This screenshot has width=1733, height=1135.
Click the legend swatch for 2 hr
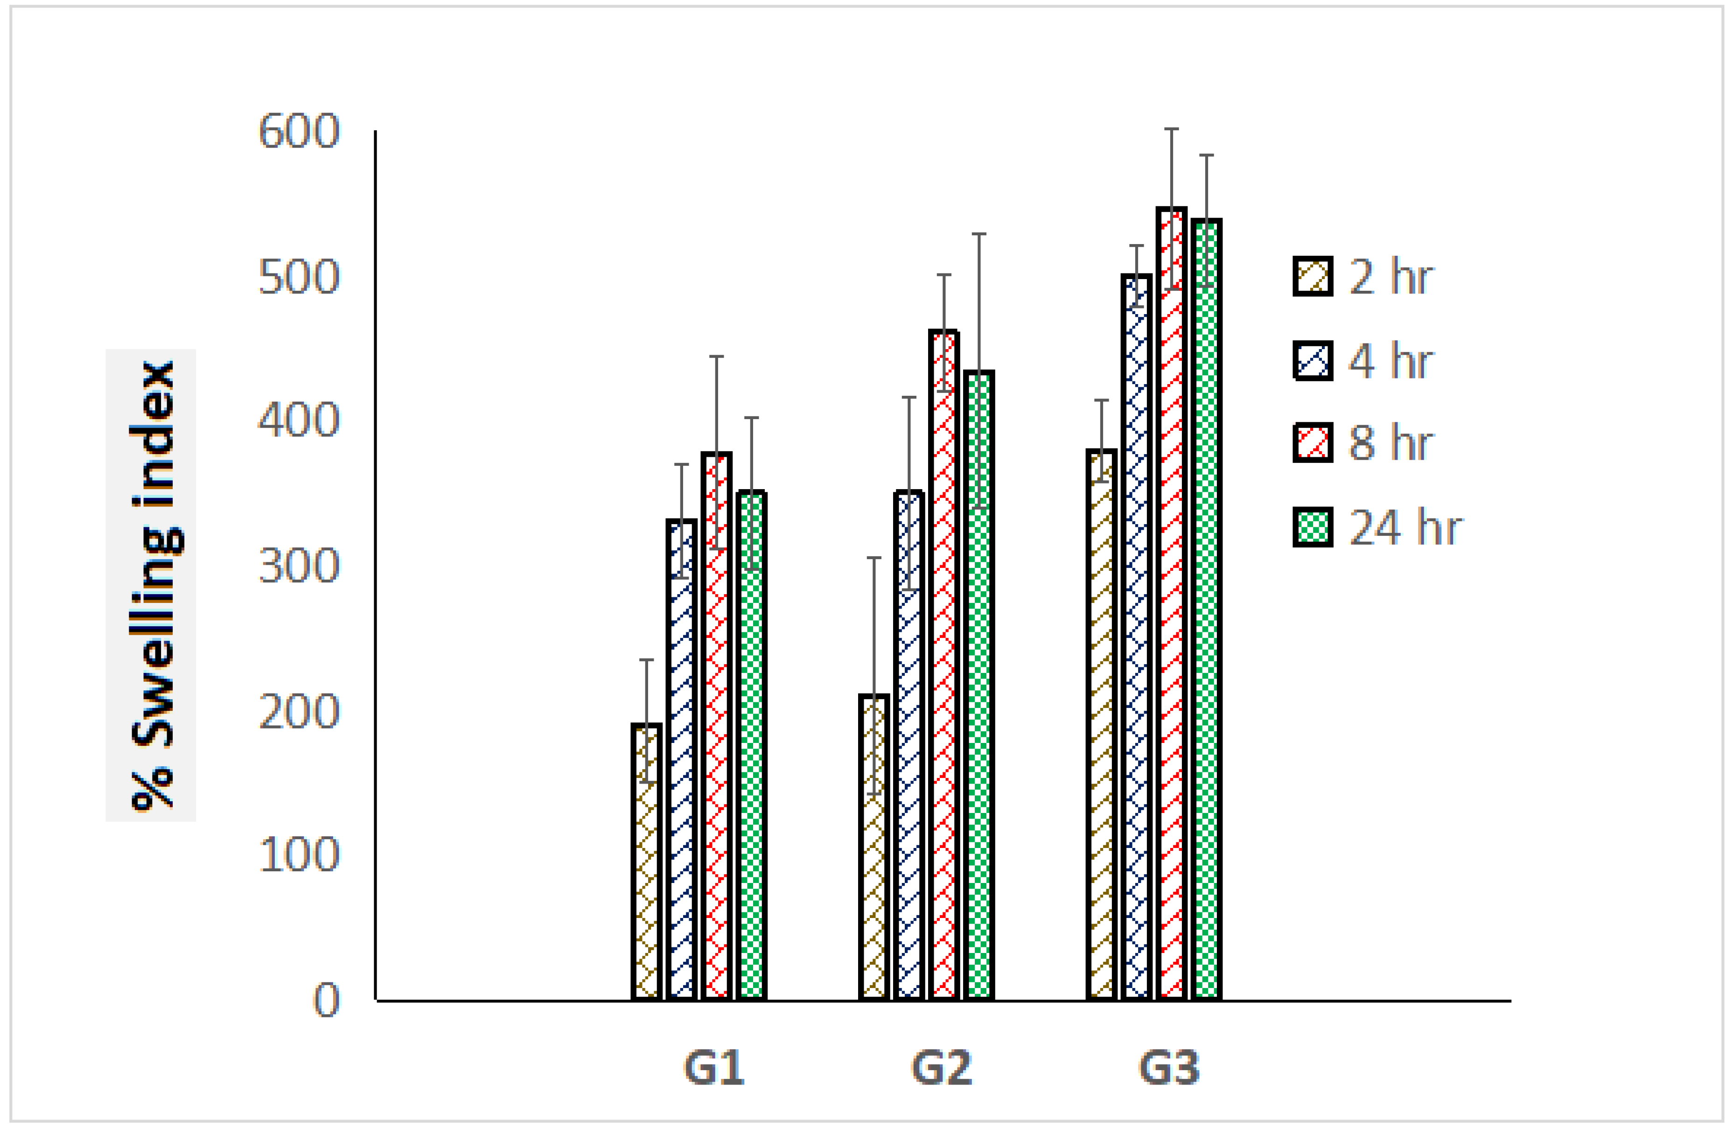click(x=1313, y=276)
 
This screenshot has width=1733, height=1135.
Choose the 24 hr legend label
click(x=1405, y=527)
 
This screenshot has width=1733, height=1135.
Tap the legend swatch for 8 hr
click(x=1313, y=442)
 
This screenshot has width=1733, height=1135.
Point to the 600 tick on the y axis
click(x=299, y=132)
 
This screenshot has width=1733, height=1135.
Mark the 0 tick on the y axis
click(x=326, y=1000)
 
